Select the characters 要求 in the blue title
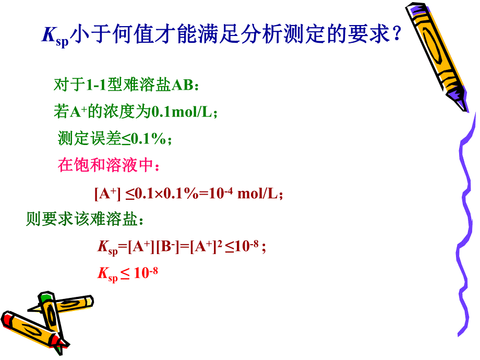tap(361, 36)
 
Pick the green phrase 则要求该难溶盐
tap(81, 220)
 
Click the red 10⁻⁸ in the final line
tap(146, 273)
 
